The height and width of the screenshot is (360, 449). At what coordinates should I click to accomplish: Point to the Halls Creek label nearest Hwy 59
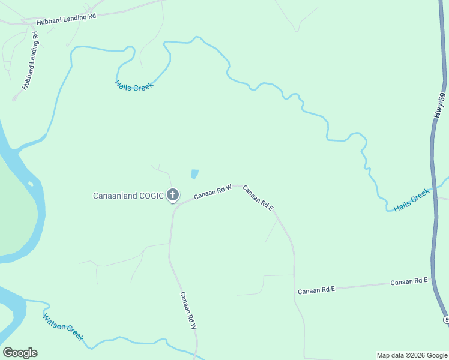tap(412, 200)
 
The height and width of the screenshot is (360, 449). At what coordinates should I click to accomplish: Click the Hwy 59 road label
tap(441, 104)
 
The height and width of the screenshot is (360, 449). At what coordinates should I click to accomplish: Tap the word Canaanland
tap(115, 196)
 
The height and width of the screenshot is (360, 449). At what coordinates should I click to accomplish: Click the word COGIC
tap(151, 196)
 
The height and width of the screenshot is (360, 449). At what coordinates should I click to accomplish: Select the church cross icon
tap(173, 194)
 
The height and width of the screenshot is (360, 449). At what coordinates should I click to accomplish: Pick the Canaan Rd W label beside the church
tap(213, 193)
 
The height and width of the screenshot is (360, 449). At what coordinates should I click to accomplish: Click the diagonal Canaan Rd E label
tap(258, 198)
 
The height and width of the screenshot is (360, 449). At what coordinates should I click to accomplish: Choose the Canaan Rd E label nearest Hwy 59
tap(409, 281)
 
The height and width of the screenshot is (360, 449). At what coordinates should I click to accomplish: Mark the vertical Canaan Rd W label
tap(188, 310)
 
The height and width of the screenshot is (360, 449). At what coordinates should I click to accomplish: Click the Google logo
tap(20, 353)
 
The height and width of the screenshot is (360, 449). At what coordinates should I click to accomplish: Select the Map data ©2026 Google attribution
tap(411, 355)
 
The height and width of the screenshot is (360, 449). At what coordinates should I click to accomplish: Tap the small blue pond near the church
tap(194, 175)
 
